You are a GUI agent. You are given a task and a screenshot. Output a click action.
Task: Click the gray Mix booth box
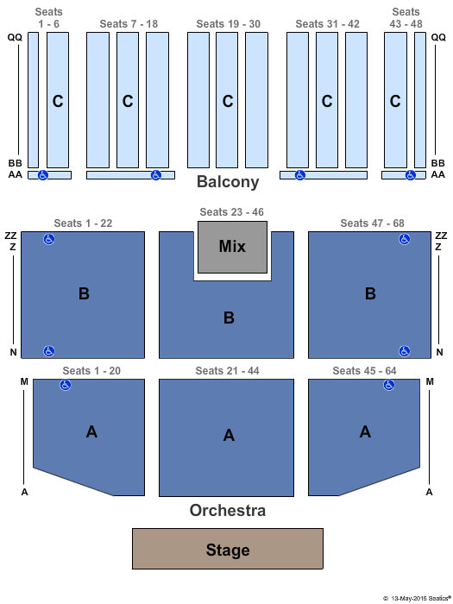(232, 247)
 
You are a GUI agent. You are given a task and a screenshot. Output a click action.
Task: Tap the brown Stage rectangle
(228, 549)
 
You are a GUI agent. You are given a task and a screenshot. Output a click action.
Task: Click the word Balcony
(228, 182)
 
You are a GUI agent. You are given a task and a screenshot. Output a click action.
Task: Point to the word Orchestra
(228, 511)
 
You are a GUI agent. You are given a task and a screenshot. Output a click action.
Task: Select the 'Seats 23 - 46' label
(231, 212)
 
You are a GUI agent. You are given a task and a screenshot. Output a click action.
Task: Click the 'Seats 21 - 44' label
(227, 370)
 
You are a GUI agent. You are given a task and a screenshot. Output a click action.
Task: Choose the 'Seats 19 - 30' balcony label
(229, 24)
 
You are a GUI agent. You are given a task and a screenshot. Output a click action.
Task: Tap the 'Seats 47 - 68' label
(372, 223)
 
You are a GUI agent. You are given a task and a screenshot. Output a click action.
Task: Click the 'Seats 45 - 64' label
(364, 370)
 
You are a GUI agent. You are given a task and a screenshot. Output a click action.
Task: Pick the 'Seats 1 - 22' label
(83, 223)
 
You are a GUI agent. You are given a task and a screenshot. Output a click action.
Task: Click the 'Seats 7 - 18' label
(129, 24)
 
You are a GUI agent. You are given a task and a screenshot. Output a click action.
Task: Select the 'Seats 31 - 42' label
(327, 24)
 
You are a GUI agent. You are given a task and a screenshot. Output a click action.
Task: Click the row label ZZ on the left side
(10, 236)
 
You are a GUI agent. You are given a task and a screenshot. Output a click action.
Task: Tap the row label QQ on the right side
(438, 37)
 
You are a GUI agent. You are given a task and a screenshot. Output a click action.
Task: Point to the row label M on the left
(24, 381)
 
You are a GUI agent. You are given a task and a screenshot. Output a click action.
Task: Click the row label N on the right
(439, 352)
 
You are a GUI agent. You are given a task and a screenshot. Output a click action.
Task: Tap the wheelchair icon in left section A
(66, 385)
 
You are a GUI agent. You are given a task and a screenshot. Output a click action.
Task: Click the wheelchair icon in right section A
(389, 385)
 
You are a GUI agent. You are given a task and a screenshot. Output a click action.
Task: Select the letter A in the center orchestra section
(229, 435)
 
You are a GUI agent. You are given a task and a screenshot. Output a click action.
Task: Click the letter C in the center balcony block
(228, 101)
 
